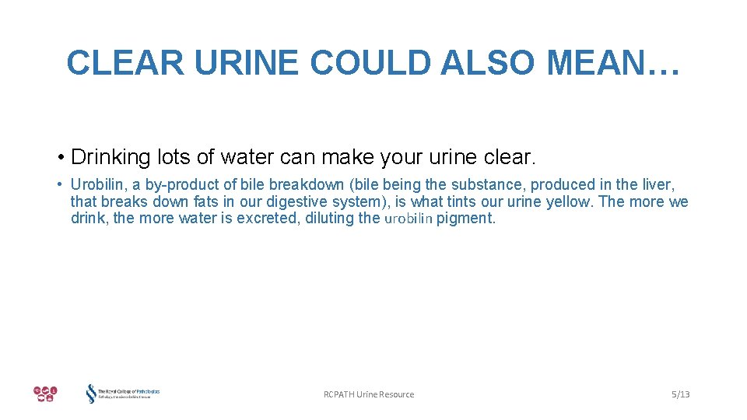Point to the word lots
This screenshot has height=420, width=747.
click(174, 158)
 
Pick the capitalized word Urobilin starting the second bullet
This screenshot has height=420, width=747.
click(98, 185)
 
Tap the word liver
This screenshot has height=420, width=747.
click(658, 185)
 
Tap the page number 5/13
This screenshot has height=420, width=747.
click(680, 394)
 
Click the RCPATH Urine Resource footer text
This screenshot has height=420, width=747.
click(369, 394)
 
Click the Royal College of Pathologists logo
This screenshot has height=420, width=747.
click(122, 394)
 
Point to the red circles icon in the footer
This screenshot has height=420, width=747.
click(44, 394)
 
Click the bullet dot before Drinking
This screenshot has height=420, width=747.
click(60, 158)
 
